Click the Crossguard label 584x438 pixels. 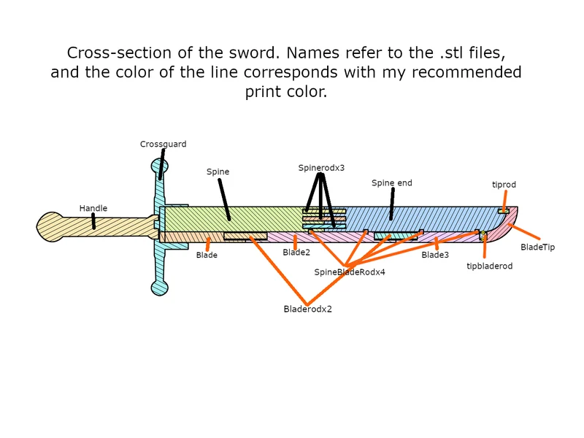[163, 144]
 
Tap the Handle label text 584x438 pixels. [93, 208]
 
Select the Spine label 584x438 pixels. [218, 172]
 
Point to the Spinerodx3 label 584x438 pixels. [321, 168]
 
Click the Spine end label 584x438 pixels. [392, 183]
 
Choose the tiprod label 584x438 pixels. [504, 185]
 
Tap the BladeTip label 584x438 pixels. [538, 247]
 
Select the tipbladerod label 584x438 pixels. [489, 266]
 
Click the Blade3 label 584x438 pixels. [435, 255]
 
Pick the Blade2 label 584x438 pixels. [296, 252]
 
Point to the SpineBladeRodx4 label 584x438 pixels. [350, 272]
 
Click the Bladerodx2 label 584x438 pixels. [307, 309]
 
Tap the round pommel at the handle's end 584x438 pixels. [50, 227]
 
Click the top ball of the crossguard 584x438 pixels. [160, 166]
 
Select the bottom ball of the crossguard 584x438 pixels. [160, 288]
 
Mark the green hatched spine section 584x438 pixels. [233, 219]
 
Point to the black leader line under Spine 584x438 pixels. [224, 200]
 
